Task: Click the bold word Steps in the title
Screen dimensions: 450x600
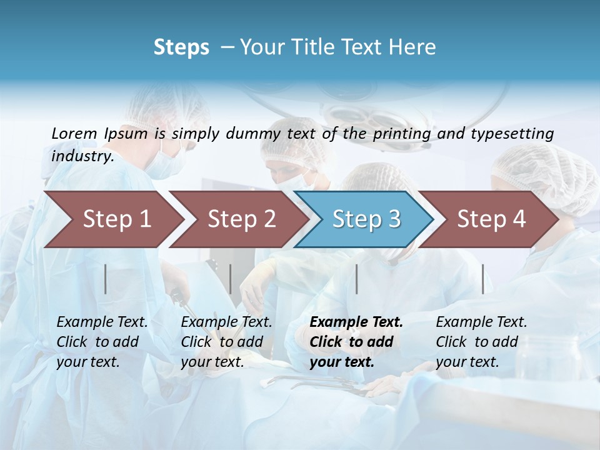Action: pyautogui.click(x=181, y=47)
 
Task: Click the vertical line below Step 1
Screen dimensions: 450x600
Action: pyautogui.click(x=106, y=279)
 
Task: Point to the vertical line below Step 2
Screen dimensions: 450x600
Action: pyautogui.click(x=231, y=279)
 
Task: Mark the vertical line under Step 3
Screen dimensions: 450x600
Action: pyautogui.click(x=357, y=279)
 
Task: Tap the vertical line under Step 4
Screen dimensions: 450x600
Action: pyautogui.click(x=483, y=279)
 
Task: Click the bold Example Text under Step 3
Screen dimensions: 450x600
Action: pyautogui.click(x=356, y=322)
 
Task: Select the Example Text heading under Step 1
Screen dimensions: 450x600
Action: pyautogui.click(x=102, y=322)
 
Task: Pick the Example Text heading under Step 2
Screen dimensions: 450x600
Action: pyautogui.click(x=226, y=322)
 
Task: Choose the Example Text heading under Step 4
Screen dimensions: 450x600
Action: pyautogui.click(x=481, y=322)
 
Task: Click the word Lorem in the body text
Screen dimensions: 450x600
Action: pyautogui.click(x=74, y=133)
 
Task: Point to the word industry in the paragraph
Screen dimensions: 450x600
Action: pyautogui.click(x=82, y=156)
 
